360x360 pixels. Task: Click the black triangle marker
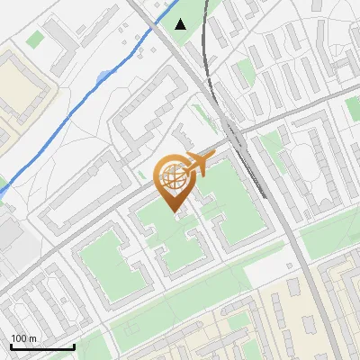click(x=181, y=24)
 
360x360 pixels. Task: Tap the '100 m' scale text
click(x=25, y=338)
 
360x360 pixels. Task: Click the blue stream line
click(x=72, y=113)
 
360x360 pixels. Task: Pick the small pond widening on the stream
click(x=105, y=76)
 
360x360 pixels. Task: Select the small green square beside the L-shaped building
click(x=35, y=40)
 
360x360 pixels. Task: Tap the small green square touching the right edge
click(x=353, y=108)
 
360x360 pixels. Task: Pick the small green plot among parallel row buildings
click(x=243, y=72)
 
